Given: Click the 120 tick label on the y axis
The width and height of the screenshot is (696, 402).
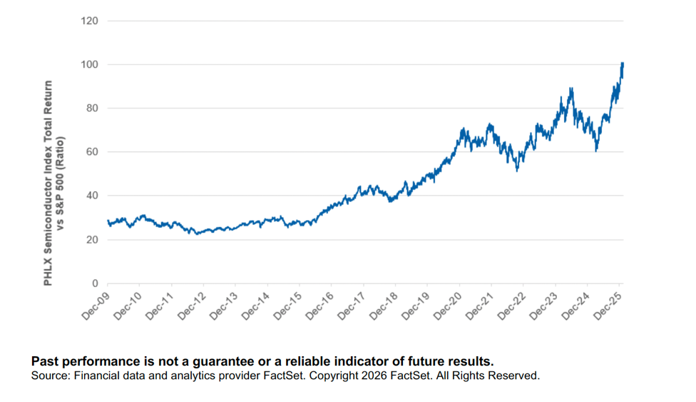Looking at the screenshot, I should point(88,21).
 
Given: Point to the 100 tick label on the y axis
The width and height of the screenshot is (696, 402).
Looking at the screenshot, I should point(88,64).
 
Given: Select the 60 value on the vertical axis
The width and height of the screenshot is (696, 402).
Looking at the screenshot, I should point(91,152).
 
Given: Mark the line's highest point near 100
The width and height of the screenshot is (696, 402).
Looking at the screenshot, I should point(623,64).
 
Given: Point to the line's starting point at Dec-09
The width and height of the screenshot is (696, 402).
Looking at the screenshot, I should point(108,221).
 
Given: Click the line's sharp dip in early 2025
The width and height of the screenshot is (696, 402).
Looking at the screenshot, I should point(596,150).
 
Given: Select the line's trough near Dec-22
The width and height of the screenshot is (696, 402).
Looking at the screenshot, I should point(517,170).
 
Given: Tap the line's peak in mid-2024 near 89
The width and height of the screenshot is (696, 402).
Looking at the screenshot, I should point(571,89).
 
